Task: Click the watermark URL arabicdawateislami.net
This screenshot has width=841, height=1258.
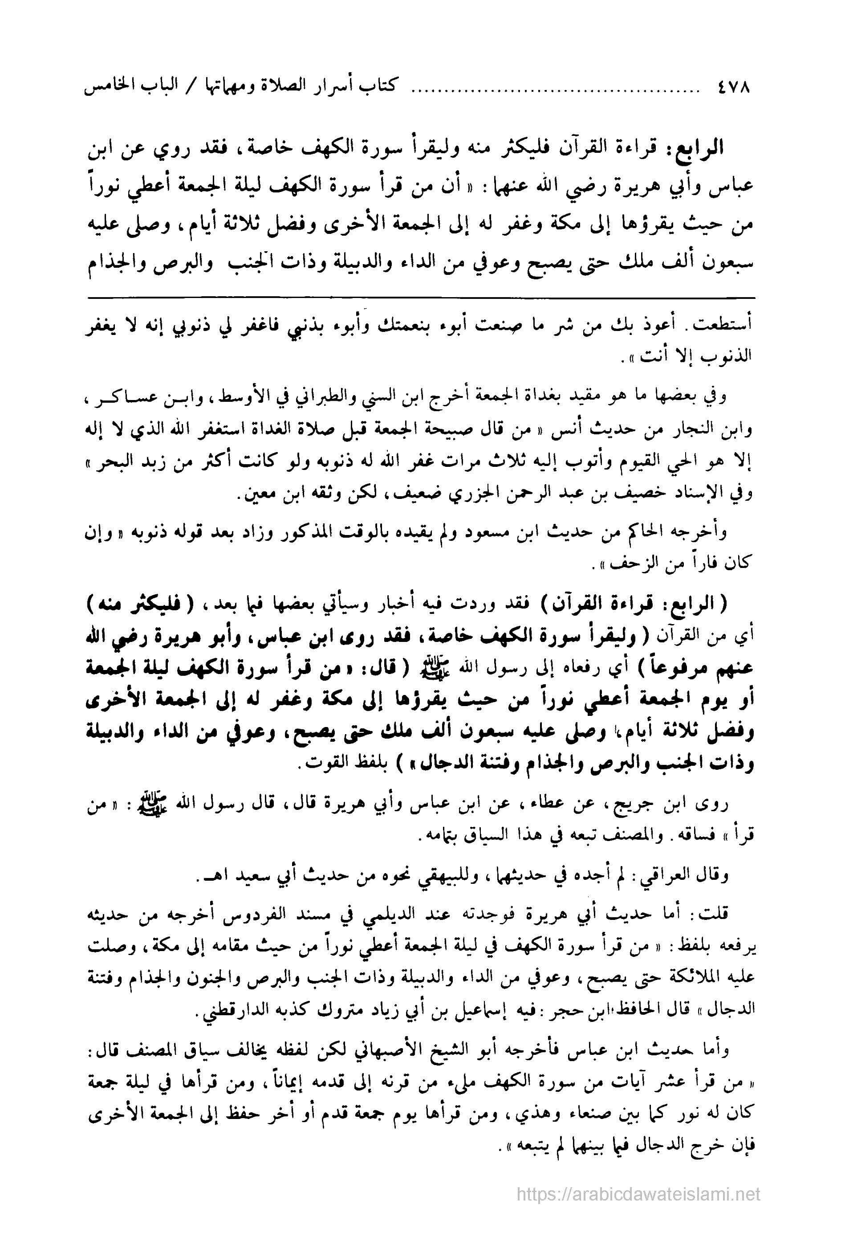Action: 638,1193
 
